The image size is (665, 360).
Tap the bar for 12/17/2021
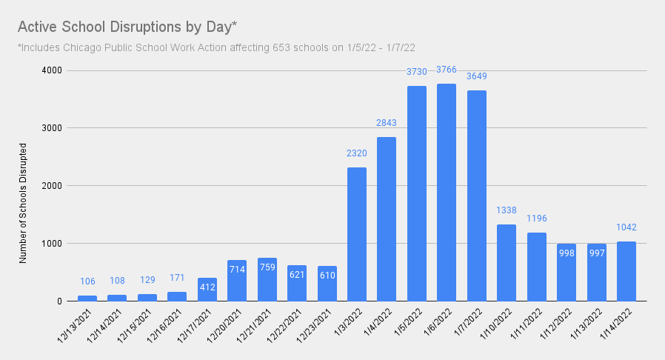click(x=207, y=290)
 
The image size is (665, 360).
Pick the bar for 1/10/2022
click(x=507, y=263)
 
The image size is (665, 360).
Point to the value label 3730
click(x=417, y=72)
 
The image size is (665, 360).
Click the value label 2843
click(x=387, y=123)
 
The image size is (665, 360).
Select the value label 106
click(x=87, y=281)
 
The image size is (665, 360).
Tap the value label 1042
click(x=626, y=227)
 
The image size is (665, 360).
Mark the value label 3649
click(x=477, y=76)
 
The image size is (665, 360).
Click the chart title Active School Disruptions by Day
click(x=127, y=27)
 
